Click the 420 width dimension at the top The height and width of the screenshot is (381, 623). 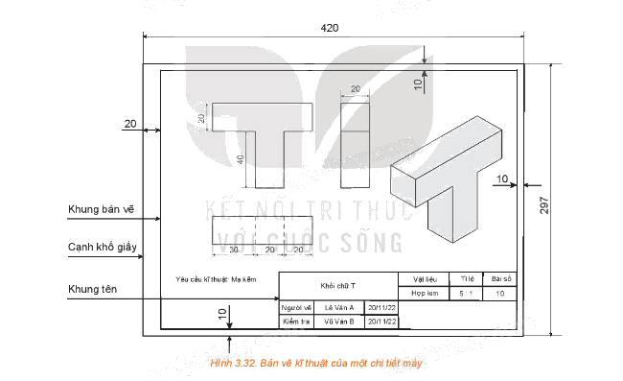pos(330,28)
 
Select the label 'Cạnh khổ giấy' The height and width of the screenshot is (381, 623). pos(103,248)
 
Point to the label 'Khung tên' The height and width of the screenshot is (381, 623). pos(93,289)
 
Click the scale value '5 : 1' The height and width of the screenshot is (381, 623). pos(466,293)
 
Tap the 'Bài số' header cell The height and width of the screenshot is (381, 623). pos(500,278)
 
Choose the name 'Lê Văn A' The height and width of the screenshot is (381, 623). pos(339,307)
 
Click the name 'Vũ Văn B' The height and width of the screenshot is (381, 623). pos(339,321)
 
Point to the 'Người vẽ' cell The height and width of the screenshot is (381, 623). pos(298,307)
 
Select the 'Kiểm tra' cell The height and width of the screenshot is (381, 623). pos(298,321)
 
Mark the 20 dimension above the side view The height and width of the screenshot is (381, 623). pos(355,88)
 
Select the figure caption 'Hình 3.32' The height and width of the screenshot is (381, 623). pos(314,364)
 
